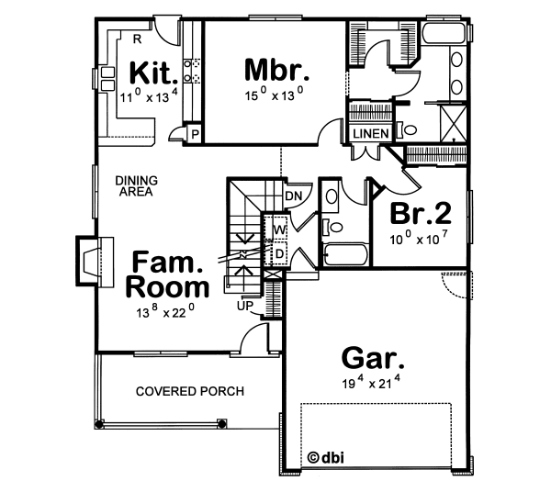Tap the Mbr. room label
click(276, 69)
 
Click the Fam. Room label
click(167, 274)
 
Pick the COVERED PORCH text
click(190, 391)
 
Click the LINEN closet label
click(371, 134)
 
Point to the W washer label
click(279, 228)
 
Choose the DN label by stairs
click(294, 196)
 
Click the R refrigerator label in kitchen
click(136, 39)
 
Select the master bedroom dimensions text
click(275, 94)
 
